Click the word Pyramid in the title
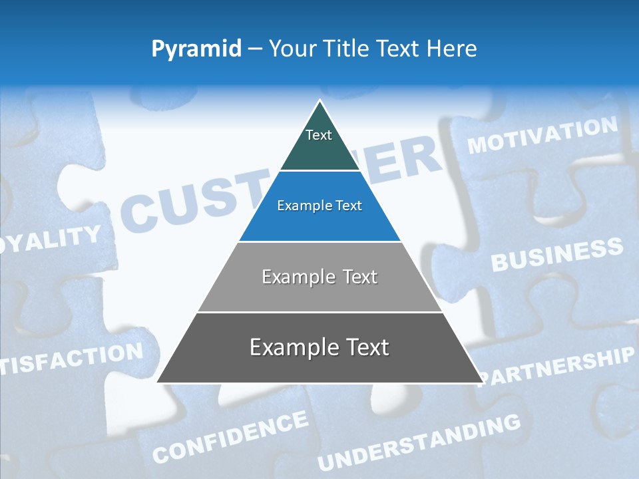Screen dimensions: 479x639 pos(196,49)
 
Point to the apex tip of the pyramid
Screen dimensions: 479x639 pos(320,101)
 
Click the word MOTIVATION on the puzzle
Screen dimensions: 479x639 pos(542,135)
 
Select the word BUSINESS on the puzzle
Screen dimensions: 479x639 pos(557,255)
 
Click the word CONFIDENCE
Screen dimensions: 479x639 pos(230,436)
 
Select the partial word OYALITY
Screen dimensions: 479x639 pos(51,239)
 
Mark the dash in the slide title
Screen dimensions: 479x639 pos(255,49)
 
